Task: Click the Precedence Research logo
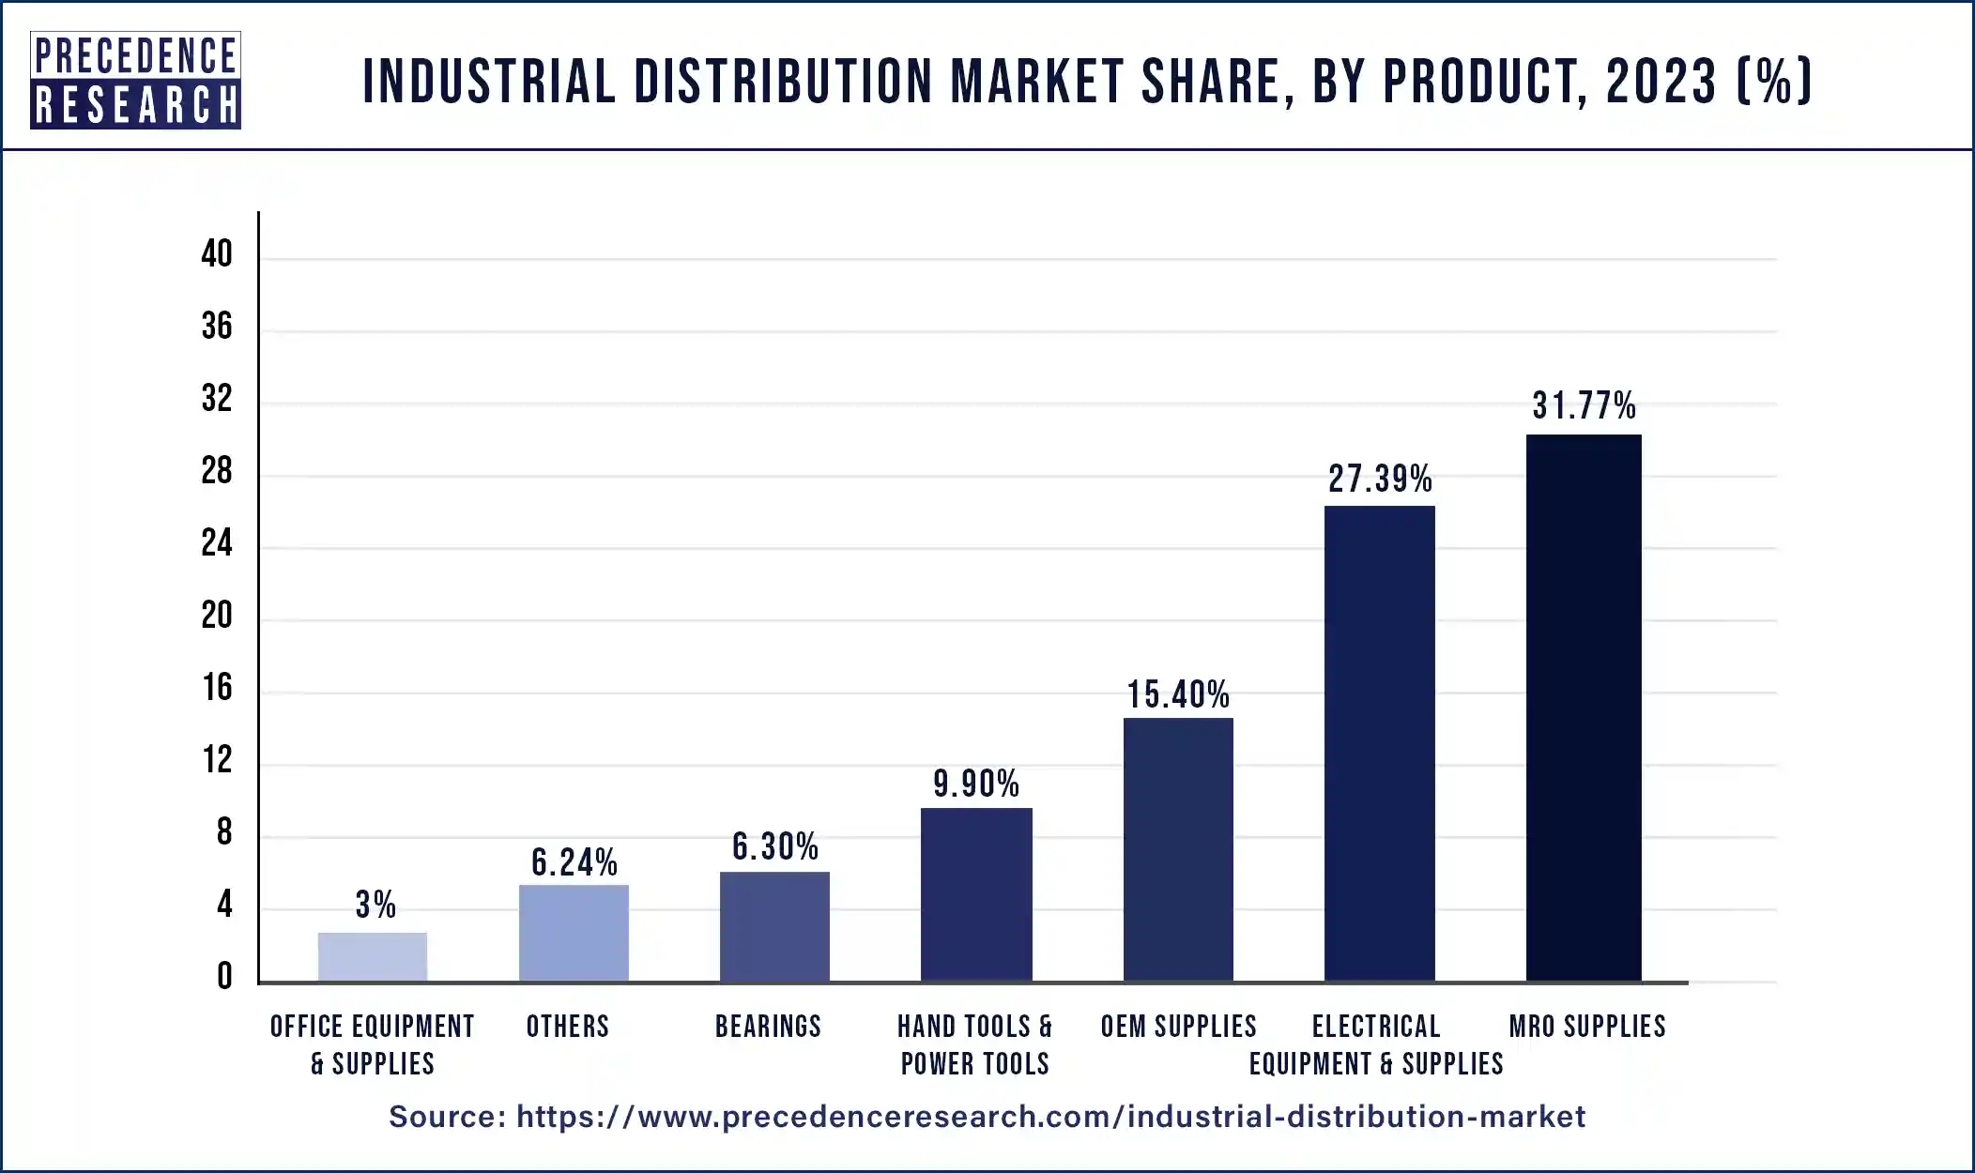tap(135, 80)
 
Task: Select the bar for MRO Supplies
tap(1584, 708)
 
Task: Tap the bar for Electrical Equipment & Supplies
tap(1379, 744)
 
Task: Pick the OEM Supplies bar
tap(1178, 850)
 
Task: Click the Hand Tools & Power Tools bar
tap(976, 895)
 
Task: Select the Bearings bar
tap(774, 927)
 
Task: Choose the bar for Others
tap(574, 934)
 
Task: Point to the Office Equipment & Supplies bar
tap(372, 957)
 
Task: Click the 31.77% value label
tap(1584, 406)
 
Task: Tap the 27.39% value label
tap(1380, 480)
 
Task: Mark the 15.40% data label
tap(1178, 695)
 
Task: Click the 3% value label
tap(375, 906)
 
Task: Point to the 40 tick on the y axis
tap(217, 253)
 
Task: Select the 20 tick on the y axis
tap(217, 616)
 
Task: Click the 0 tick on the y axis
tap(224, 977)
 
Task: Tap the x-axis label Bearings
tap(768, 1027)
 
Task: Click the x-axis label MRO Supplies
tap(1587, 1027)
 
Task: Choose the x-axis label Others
tap(567, 1027)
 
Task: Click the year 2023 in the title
tap(1661, 82)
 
